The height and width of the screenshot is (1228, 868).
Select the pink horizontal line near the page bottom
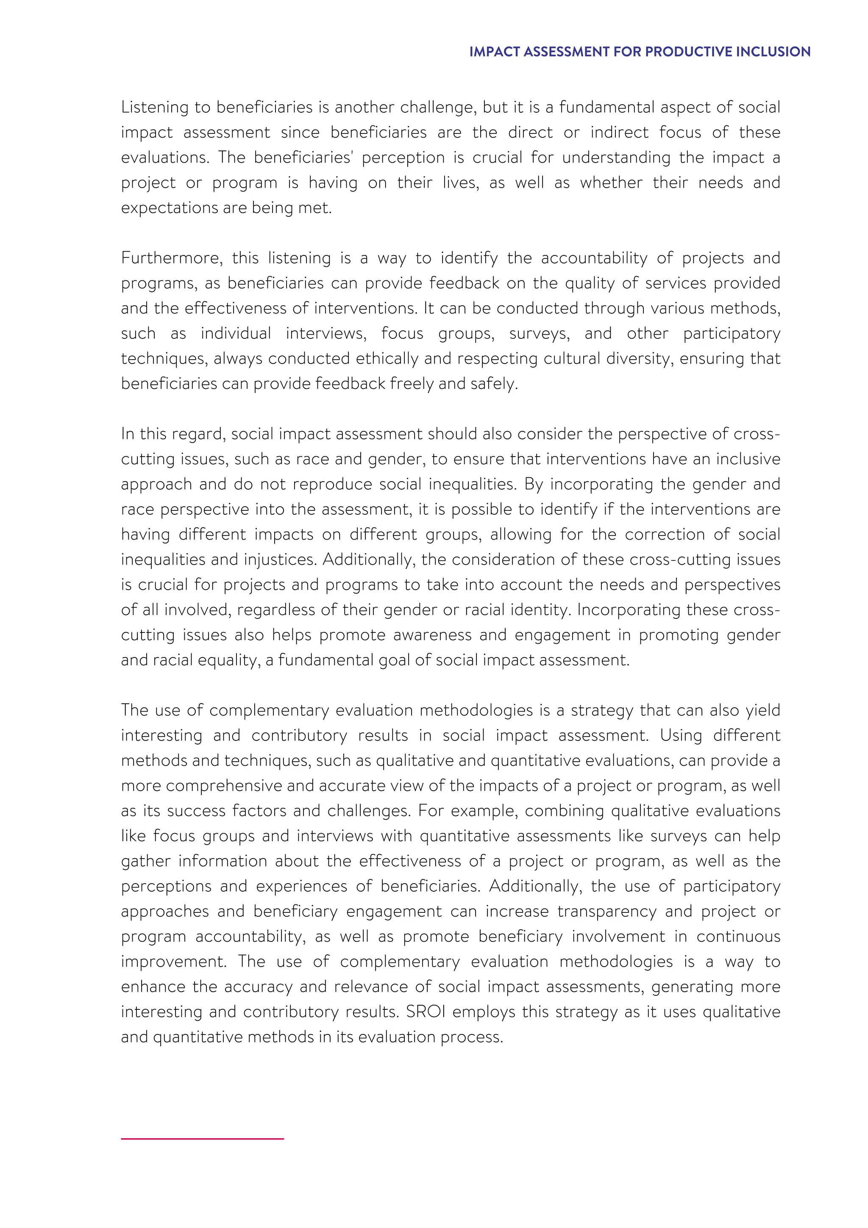pyautogui.click(x=202, y=1139)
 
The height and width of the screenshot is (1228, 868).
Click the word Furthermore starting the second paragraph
pyautogui.click(x=171, y=258)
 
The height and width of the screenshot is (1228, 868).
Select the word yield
pyautogui.click(x=762, y=710)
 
